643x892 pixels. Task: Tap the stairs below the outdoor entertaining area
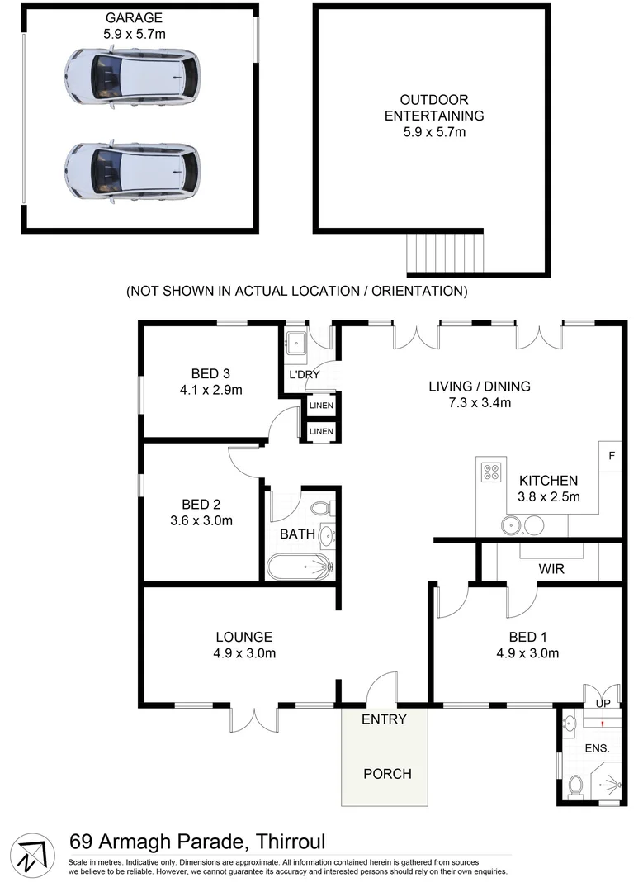446,254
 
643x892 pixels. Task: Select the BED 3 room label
198,372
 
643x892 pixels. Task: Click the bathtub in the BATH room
300,567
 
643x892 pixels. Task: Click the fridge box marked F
611,456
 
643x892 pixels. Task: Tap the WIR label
551,569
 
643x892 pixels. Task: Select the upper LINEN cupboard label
321,406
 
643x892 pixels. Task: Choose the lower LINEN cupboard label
321,431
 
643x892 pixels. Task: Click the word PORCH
387,774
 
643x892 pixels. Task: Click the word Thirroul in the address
286,842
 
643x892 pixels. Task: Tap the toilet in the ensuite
575,785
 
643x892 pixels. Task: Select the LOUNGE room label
244,637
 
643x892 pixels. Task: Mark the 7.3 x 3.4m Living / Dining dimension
479,403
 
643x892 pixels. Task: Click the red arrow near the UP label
603,724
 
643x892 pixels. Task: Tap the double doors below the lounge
256,719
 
